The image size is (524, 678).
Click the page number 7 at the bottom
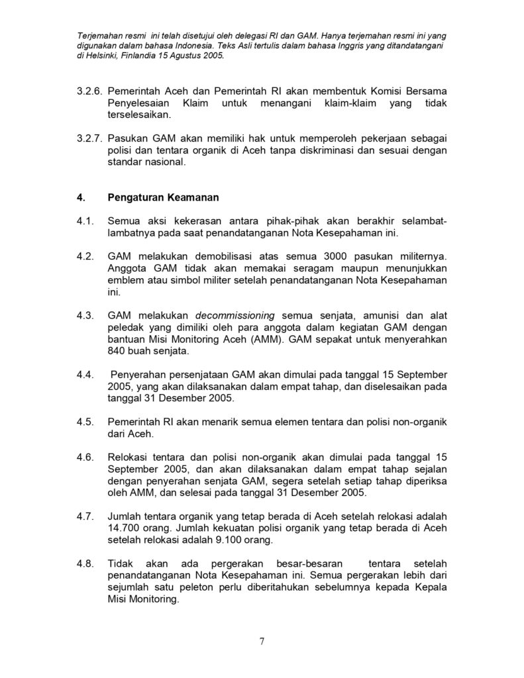(262, 641)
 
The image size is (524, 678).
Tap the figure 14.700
(127, 528)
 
